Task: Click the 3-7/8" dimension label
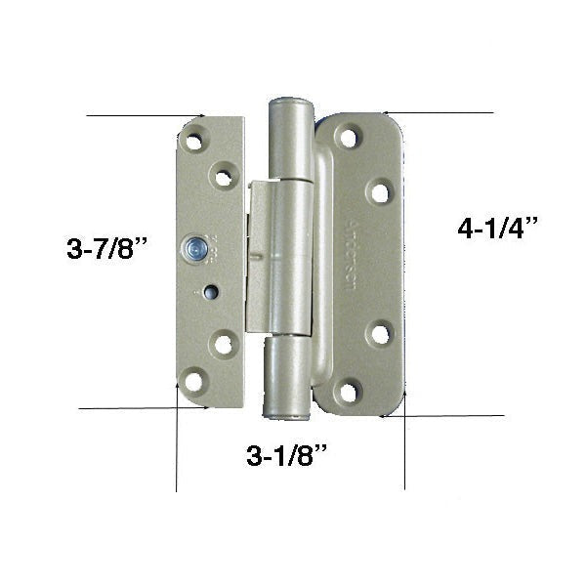(107, 249)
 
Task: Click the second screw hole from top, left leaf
(224, 177)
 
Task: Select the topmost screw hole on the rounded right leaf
(348, 138)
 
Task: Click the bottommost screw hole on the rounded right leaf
(348, 392)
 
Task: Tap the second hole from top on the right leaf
(379, 191)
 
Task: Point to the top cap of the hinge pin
(289, 105)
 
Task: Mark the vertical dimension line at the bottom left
(177, 449)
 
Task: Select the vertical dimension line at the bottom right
(404, 449)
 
